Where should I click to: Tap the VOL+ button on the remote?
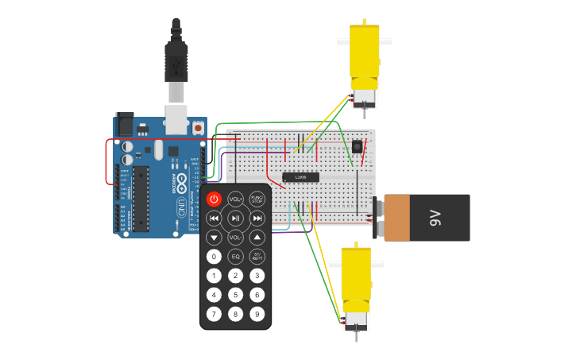[x=236, y=199]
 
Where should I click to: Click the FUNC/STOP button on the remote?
[x=257, y=199]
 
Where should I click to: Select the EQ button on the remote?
[x=236, y=257]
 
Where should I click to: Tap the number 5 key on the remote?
[x=236, y=295]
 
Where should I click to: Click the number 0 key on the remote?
[x=214, y=257]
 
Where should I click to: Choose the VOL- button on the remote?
[x=236, y=238]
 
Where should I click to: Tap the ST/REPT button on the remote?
[x=257, y=257]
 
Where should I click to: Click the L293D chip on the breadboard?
[x=301, y=176]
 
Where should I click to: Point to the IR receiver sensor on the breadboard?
[x=357, y=146]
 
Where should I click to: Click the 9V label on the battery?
[x=435, y=217]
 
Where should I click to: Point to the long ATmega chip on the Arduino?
[x=141, y=198]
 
